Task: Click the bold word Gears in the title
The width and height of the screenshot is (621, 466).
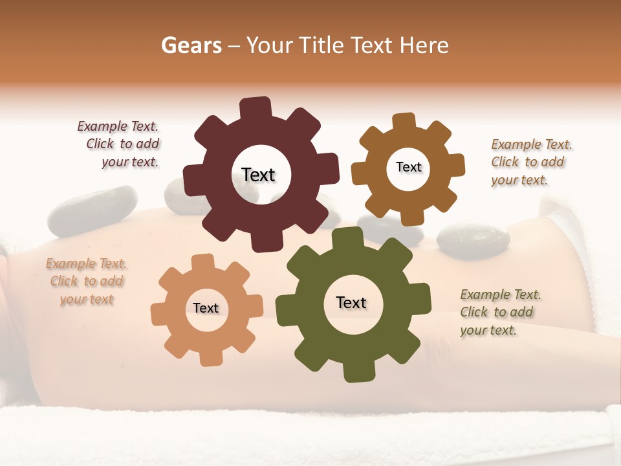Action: click(191, 45)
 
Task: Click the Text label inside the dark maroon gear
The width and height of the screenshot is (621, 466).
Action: click(258, 175)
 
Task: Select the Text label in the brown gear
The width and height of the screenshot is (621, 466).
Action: click(408, 167)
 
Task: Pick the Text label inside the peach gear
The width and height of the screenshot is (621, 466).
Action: click(206, 308)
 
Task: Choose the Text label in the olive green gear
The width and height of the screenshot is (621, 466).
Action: click(351, 303)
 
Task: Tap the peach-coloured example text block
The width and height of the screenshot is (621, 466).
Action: click(86, 282)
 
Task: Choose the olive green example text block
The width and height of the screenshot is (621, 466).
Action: click(499, 312)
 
